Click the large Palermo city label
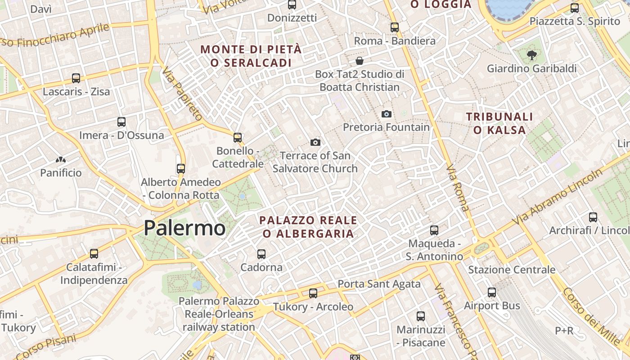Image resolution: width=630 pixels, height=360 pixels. (x=184, y=228)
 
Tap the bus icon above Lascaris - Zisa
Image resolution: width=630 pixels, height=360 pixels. (x=76, y=78)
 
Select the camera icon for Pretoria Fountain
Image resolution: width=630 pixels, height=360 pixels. (x=386, y=114)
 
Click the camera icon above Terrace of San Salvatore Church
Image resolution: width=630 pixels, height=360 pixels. (x=315, y=143)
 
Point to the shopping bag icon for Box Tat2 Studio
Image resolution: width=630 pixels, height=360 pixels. (x=360, y=61)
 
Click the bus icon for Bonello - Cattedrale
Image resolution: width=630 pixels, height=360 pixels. (x=238, y=138)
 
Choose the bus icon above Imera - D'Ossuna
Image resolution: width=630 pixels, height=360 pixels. (x=121, y=122)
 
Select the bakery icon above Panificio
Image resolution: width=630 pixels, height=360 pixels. (x=61, y=160)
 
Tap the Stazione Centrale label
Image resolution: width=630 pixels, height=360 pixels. (x=512, y=270)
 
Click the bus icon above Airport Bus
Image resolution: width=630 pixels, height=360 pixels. (x=492, y=292)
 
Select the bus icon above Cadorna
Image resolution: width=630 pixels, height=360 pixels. (x=261, y=254)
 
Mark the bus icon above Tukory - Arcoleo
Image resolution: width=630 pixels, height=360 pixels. (x=313, y=293)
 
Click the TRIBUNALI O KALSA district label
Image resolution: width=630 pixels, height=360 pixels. (x=499, y=123)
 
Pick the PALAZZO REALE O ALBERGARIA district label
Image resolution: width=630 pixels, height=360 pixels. (x=308, y=227)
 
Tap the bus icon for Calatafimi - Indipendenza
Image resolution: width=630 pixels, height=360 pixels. (x=94, y=254)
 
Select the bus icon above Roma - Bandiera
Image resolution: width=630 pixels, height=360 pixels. (x=395, y=27)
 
